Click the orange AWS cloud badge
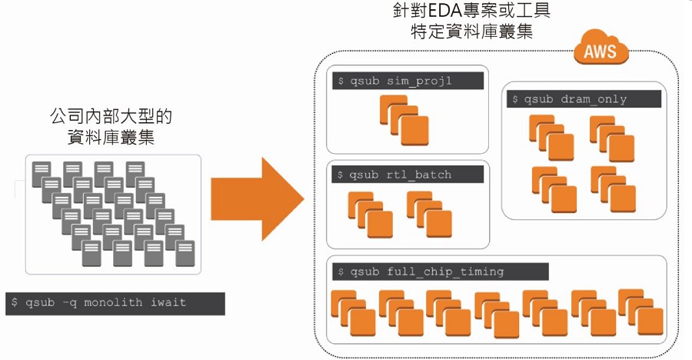tap(601, 52)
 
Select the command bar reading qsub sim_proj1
tap(408, 82)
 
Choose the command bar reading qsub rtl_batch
tap(408, 175)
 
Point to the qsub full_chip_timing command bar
tap(441, 271)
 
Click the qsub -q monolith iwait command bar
tap(115, 303)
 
